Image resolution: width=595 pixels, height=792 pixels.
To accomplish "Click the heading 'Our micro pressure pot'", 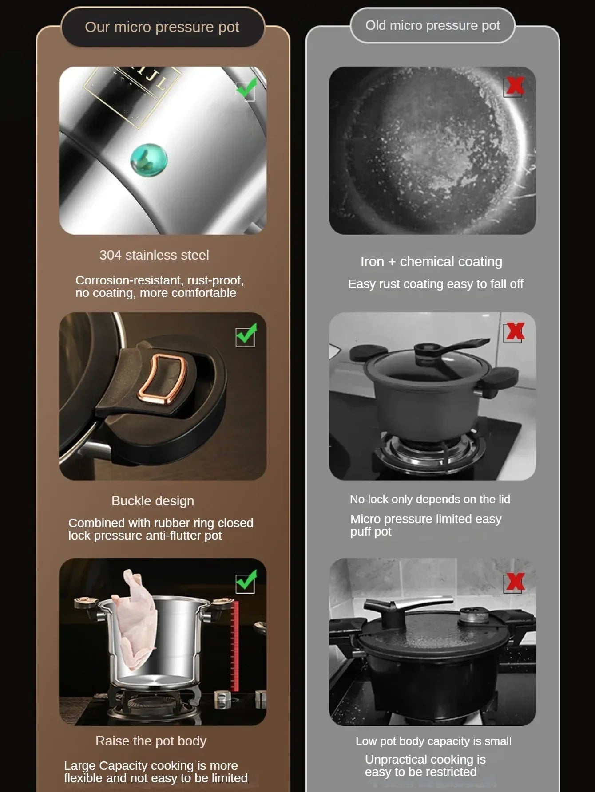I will click(x=162, y=27).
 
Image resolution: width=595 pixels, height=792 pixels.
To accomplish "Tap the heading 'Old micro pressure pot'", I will click(x=432, y=25).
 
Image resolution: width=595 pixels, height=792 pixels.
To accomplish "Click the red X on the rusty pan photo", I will click(x=515, y=86).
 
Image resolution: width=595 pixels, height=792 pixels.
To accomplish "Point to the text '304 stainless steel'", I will click(x=154, y=255).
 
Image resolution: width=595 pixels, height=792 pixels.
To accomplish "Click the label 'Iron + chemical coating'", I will click(x=431, y=262).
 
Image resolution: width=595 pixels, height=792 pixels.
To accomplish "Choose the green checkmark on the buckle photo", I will click(x=246, y=335).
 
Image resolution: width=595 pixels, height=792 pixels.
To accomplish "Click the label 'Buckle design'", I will click(x=153, y=501).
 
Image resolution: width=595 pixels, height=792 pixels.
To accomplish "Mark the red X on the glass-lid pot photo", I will click(x=515, y=331).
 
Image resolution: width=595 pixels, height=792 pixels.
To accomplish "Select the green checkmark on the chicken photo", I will click(x=246, y=581).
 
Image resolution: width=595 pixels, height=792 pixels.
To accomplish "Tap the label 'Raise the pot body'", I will click(x=151, y=741).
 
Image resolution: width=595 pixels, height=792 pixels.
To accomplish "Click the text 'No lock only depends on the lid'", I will click(x=430, y=499).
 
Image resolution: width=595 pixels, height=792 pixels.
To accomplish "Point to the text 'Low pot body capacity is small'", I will click(x=433, y=741).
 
